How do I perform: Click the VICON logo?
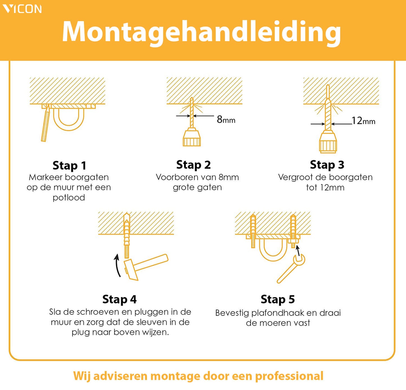22,9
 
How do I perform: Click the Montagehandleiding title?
201,32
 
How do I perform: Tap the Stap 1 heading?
69,166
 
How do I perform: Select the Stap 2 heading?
193,165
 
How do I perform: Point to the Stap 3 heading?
327,165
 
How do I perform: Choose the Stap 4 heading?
119,299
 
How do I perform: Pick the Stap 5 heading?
278,299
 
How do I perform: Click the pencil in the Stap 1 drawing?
46,123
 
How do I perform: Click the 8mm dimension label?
226,120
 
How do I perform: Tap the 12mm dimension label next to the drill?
364,121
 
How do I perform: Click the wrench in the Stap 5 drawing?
291,269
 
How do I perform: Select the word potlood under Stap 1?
69,197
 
